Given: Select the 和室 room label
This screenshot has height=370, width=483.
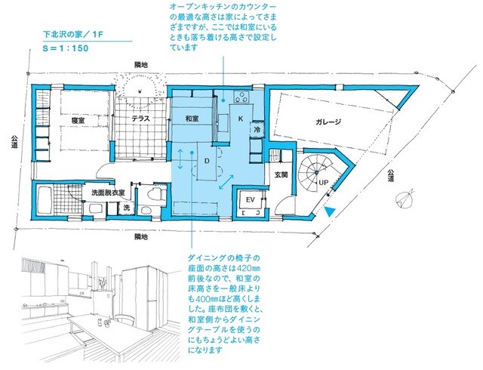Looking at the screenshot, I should pyautogui.click(x=191, y=119).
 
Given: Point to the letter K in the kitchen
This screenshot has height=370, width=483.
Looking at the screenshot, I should pyautogui.click(x=241, y=119).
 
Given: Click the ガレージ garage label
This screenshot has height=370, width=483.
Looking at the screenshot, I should pyautogui.click(x=330, y=122).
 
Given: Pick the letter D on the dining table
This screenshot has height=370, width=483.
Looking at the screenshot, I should pyautogui.click(x=205, y=161).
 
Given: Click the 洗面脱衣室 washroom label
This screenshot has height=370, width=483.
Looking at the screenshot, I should pyautogui.click(x=108, y=193).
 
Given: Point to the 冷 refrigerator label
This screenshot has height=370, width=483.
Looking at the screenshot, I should pyautogui.click(x=257, y=130).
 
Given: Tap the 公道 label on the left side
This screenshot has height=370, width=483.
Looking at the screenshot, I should pyautogui.click(x=14, y=143).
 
